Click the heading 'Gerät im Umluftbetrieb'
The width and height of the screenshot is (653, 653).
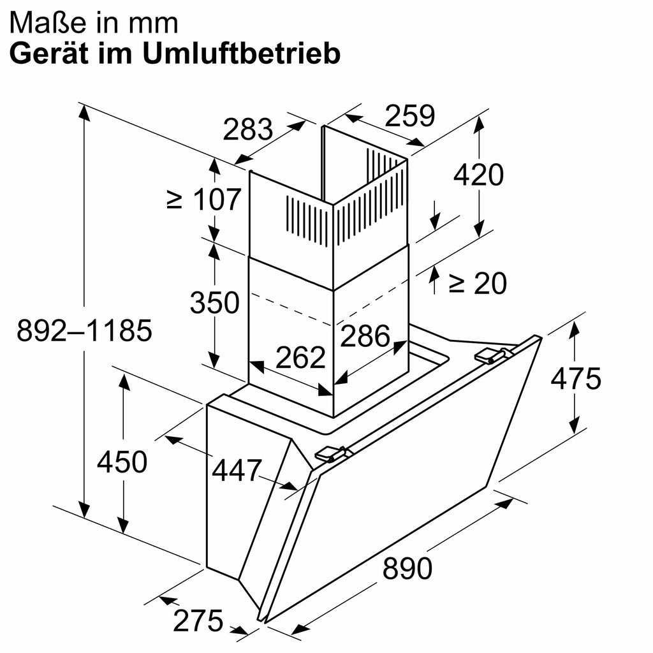[x=175, y=54]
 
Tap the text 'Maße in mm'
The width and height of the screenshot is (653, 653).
[x=94, y=23]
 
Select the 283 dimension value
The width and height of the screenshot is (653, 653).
[x=248, y=130]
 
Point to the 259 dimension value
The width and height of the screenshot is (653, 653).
[x=410, y=116]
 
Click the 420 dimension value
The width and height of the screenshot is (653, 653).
[x=478, y=174]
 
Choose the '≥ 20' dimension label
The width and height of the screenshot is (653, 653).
[x=477, y=283]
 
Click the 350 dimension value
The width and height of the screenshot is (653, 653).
[x=214, y=302]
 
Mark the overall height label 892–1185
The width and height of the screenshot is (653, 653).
[x=84, y=331]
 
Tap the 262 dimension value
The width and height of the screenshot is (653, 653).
[x=301, y=358]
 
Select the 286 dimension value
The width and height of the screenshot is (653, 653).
[x=365, y=335]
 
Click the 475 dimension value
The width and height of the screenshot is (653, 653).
[x=576, y=379]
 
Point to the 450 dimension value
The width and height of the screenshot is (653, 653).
[x=122, y=462]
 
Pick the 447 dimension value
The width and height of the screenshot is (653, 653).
[x=237, y=471]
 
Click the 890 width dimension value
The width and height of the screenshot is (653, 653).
[x=407, y=568]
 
